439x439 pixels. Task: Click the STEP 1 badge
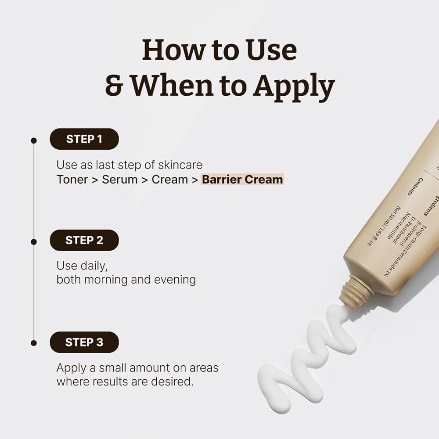tap(84, 139)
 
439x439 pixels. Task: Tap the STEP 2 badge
tap(84, 240)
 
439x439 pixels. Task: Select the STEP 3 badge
tap(84, 342)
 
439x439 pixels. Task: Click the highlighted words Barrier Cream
tap(242, 179)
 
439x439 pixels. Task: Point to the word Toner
tap(72, 179)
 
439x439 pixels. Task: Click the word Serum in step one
tap(120, 179)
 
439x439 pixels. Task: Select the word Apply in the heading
tap(294, 86)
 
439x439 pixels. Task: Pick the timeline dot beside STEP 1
tap(33, 140)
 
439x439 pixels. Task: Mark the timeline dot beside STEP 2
tap(33, 241)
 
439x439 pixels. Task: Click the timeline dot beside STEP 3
tap(33, 343)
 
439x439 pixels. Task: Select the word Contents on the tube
tap(415, 187)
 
